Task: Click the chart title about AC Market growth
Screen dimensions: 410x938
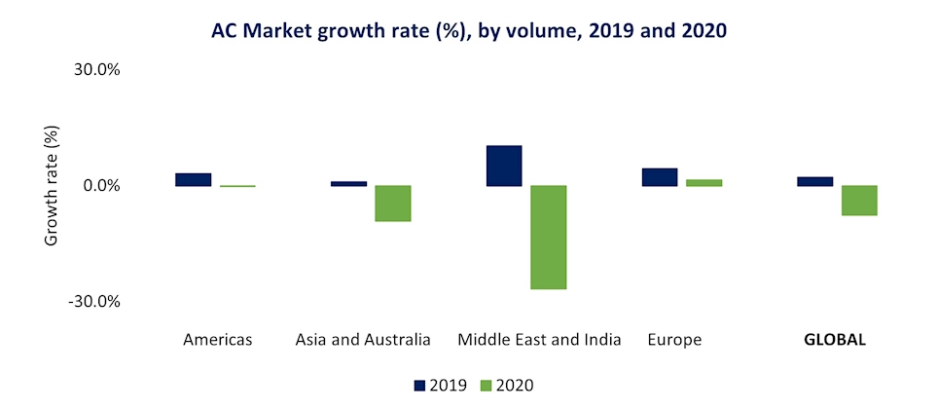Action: [469, 31]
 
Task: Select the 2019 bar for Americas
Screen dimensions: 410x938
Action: [193, 179]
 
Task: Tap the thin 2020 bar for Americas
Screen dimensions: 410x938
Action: [237, 186]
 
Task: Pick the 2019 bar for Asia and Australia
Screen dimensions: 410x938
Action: [348, 183]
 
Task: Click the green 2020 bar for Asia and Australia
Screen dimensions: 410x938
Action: [393, 203]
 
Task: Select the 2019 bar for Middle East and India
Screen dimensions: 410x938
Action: [504, 166]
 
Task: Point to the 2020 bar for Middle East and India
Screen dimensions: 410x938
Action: [549, 237]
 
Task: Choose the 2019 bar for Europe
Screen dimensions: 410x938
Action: [660, 176]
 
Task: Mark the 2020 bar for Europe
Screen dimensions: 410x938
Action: [704, 182]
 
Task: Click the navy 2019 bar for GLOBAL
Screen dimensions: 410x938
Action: [815, 181]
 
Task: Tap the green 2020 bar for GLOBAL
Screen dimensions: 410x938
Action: [860, 200]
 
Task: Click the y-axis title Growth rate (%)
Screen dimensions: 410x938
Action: [53, 185]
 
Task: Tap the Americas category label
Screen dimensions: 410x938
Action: [217, 340]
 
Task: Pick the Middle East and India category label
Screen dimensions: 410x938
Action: [539, 340]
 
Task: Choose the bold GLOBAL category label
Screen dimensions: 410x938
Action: [835, 340]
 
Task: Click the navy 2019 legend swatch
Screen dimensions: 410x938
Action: [420, 386]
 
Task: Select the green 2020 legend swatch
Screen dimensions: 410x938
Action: [487, 386]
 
